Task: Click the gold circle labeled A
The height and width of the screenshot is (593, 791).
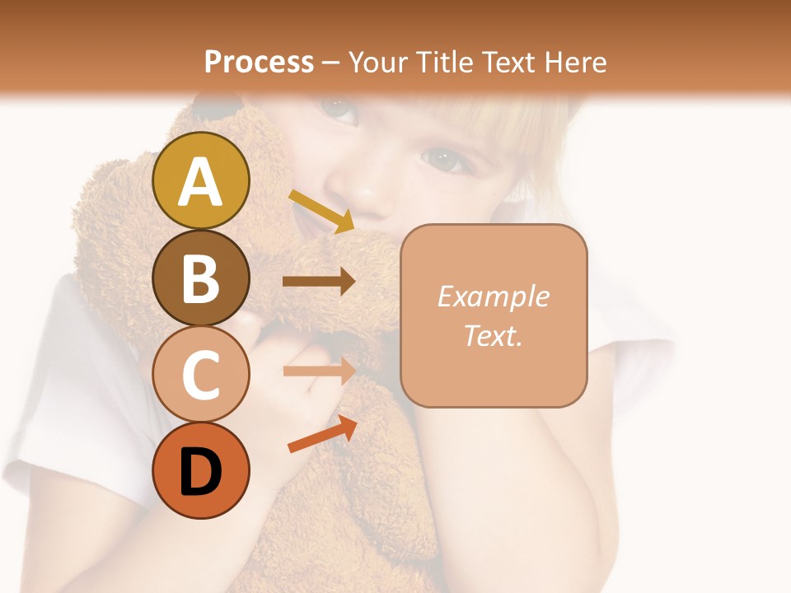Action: tap(200, 180)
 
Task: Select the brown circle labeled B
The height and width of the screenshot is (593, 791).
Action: tap(200, 278)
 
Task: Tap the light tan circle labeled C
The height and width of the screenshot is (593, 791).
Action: tap(200, 374)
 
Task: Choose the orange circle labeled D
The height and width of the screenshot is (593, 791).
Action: tap(200, 470)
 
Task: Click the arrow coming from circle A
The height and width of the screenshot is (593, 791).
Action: tap(321, 211)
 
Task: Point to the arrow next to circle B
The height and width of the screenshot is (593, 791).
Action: tap(319, 282)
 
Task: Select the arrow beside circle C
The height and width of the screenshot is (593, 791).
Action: tap(319, 371)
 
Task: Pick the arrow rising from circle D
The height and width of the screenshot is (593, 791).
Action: tap(322, 434)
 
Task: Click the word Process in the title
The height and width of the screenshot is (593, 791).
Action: tap(259, 62)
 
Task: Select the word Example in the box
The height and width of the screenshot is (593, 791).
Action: tap(493, 296)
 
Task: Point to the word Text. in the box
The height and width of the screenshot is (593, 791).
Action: tap(493, 335)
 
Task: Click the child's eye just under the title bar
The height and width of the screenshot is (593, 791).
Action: tap(337, 107)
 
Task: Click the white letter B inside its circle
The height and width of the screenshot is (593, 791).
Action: tap(200, 278)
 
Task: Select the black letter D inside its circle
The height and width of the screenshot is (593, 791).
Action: tap(200, 472)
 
